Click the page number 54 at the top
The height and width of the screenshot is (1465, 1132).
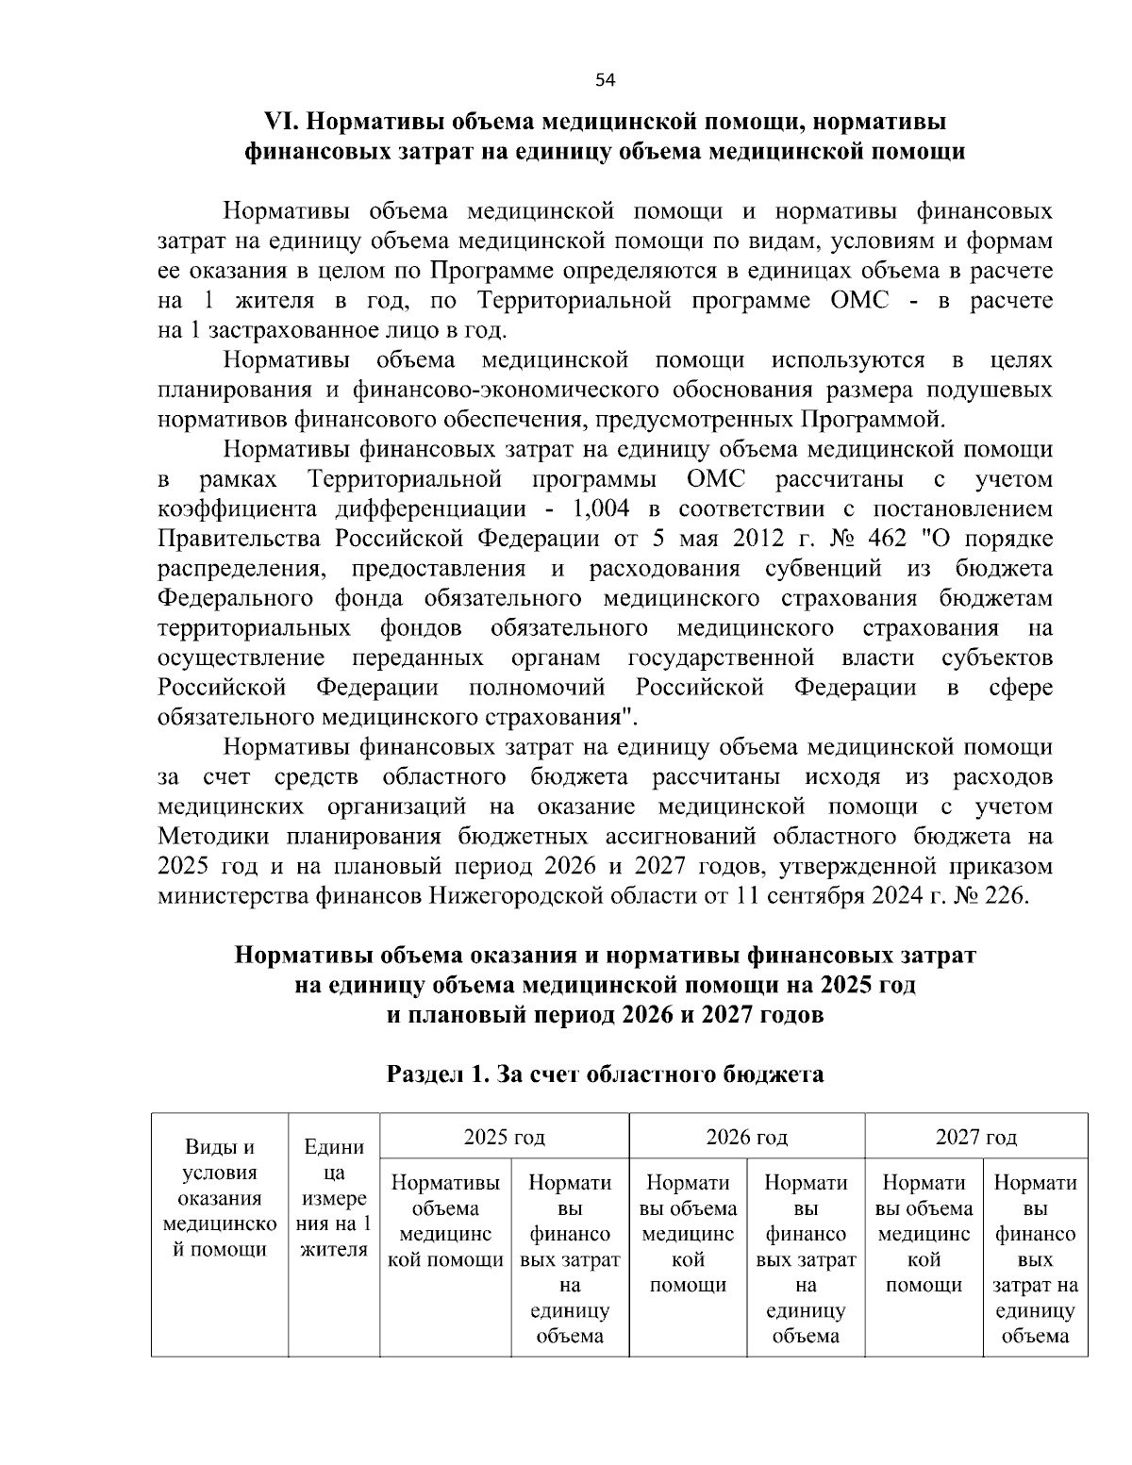coord(605,80)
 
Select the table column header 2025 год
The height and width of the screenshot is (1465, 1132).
coord(504,1137)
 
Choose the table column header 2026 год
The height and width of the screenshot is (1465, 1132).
coord(746,1137)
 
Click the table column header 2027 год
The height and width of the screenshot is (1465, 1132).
coord(975,1137)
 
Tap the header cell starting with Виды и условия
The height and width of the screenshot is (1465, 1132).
coord(219,1198)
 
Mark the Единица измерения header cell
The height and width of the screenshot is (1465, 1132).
coord(334,1198)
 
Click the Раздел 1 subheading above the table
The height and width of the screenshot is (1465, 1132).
coord(605,1074)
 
